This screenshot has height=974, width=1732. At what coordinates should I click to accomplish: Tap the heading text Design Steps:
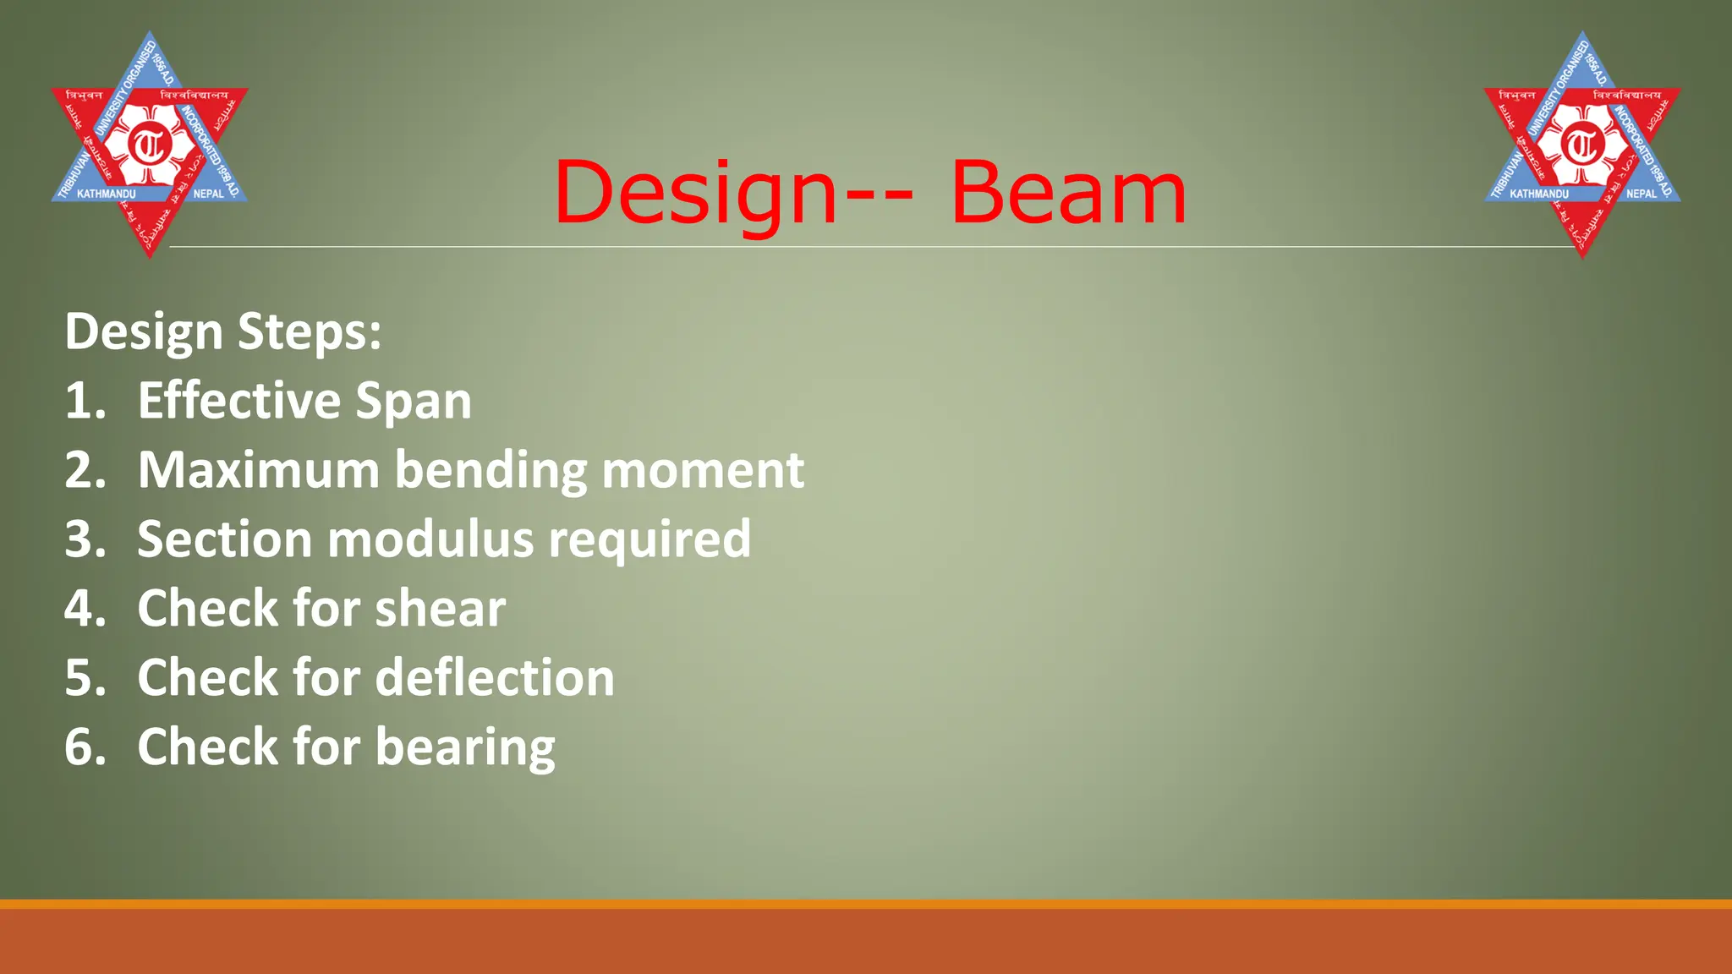point(223,331)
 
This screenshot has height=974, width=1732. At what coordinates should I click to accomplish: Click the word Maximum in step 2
point(258,470)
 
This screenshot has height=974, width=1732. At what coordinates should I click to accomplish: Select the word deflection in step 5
point(495,678)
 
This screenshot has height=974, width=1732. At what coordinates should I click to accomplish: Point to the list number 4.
point(85,609)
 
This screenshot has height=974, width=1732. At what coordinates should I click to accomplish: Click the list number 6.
point(85,747)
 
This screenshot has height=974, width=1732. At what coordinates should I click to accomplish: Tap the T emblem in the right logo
point(1582,145)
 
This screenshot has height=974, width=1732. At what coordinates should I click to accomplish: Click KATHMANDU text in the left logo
point(107,194)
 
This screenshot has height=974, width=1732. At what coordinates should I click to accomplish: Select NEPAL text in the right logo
point(1642,194)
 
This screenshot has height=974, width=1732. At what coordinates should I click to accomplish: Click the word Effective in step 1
point(238,401)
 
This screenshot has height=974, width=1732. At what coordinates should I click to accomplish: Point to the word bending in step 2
point(491,472)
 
